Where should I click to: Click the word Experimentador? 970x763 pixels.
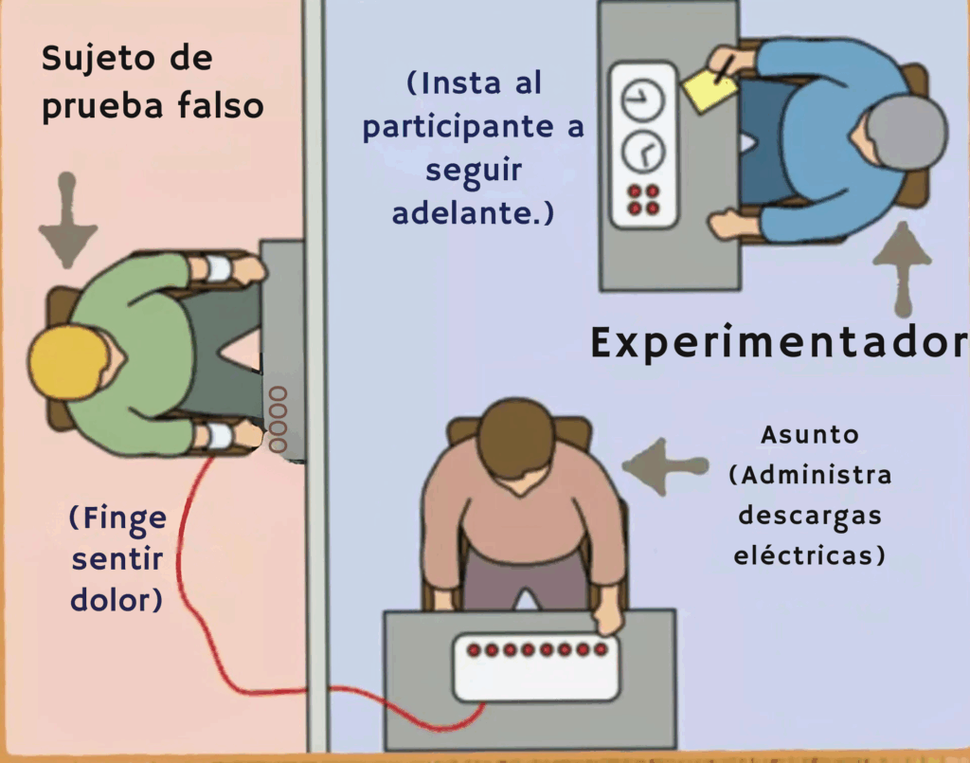point(779,342)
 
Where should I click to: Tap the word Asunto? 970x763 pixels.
point(809,434)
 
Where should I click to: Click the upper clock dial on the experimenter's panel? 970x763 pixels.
point(642,99)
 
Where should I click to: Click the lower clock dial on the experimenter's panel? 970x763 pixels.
point(643,151)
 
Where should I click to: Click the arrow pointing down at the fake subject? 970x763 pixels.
point(67,220)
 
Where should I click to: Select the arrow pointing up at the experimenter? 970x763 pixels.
point(902,270)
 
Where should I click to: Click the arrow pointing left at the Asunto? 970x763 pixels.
point(665,466)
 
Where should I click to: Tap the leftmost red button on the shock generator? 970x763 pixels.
point(474,650)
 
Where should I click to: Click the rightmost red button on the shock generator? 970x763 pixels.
point(600,649)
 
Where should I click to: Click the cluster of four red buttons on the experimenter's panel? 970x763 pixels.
point(643,199)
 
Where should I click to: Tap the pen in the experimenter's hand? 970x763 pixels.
point(725,69)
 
